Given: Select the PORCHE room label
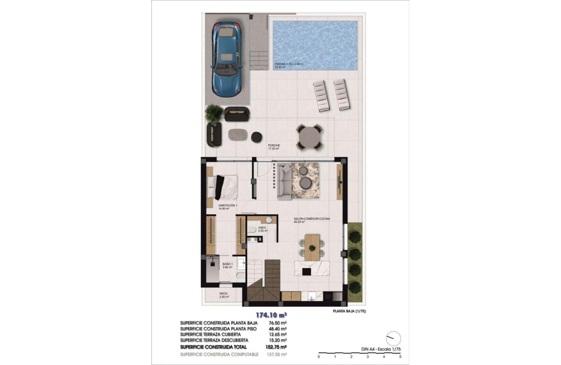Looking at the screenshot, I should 274,146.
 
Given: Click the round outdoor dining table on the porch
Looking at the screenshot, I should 309,137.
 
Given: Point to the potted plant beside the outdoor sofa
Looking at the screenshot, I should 214,113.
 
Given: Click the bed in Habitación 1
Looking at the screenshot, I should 223,187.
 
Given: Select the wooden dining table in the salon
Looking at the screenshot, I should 312,247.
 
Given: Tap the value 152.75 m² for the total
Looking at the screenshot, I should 277,347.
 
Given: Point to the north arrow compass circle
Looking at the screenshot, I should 394,338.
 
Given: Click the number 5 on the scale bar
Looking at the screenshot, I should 401,357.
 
